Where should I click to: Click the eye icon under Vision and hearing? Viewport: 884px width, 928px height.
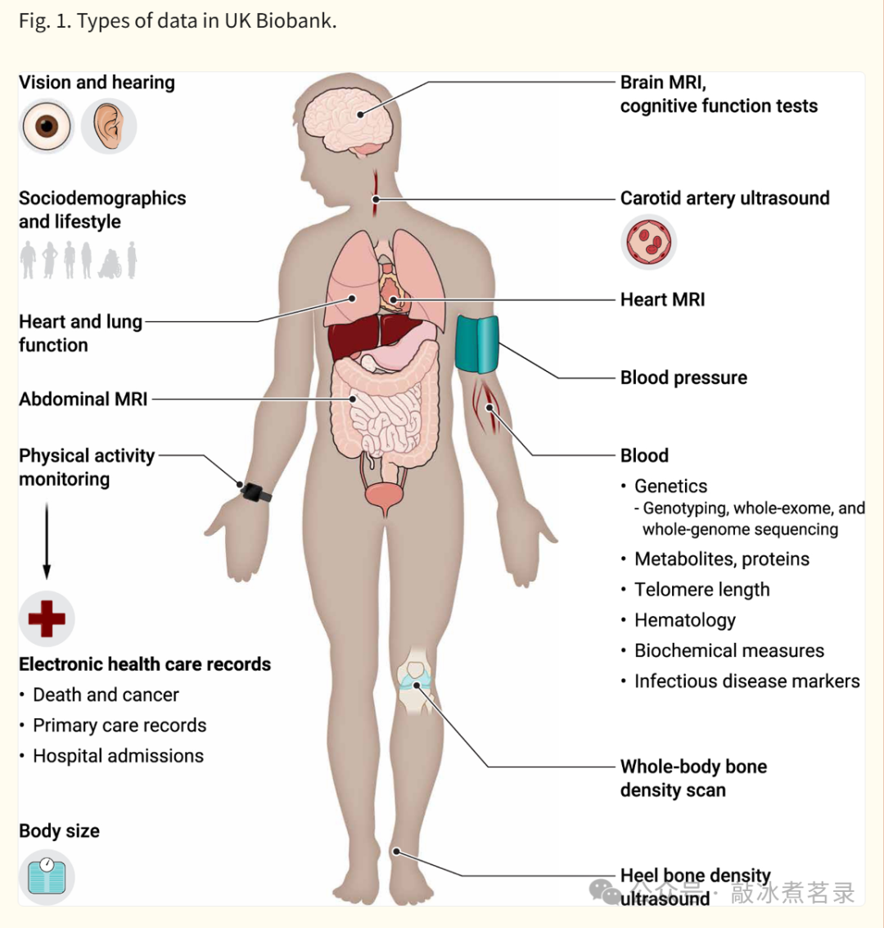47,126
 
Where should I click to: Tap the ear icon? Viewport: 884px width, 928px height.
109,126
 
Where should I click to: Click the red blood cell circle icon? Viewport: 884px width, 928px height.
648,242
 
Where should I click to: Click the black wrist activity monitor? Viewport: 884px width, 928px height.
255,492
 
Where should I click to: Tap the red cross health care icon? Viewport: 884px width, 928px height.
47,618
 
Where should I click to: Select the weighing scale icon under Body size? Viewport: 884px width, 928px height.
47,877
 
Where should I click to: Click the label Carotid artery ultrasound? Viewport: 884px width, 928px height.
724,198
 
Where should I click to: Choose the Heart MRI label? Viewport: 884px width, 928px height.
662,300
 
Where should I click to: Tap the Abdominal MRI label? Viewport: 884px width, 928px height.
83,399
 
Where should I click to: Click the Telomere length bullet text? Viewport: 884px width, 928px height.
701,590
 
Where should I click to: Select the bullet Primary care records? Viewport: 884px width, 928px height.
120,725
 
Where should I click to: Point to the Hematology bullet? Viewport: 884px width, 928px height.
684,620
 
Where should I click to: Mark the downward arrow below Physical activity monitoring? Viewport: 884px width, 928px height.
47,541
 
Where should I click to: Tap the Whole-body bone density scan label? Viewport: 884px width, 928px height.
692,778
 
